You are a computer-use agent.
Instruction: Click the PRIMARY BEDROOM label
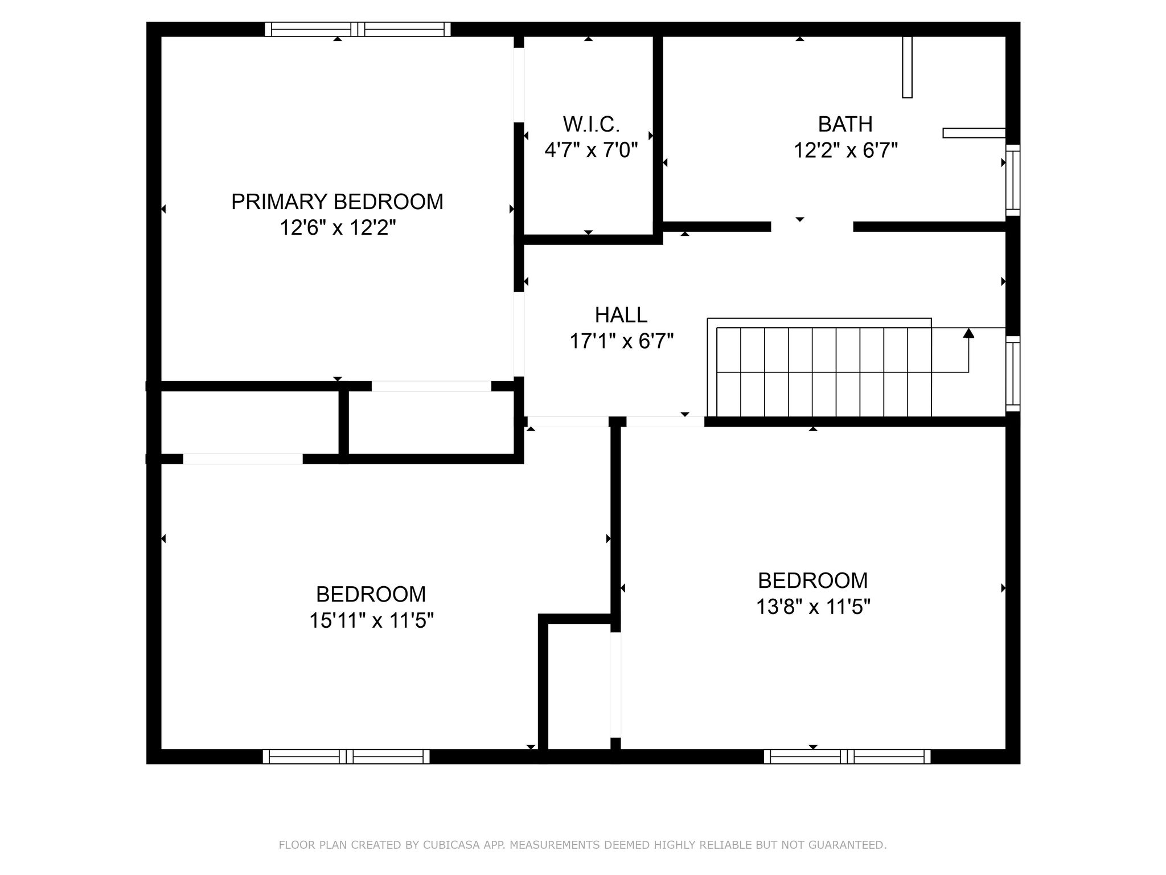[x=337, y=202]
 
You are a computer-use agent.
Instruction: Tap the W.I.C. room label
[x=591, y=124]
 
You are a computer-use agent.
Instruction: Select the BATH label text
[x=845, y=124]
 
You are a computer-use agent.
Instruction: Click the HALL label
[x=621, y=314]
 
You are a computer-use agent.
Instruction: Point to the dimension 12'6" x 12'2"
[x=337, y=228]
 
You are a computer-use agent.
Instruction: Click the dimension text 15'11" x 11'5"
[x=371, y=620]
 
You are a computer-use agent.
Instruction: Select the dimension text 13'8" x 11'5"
[x=813, y=607]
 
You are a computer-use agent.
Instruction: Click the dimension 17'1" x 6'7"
[x=621, y=341]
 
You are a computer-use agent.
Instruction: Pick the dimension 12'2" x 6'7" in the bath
[x=845, y=150]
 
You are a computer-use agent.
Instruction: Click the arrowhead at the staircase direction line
[x=968, y=333]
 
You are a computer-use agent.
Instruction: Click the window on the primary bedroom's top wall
[x=358, y=29]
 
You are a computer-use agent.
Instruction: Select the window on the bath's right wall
[x=1012, y=180]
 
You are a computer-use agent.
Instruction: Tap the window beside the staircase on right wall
[x=1012, y=373]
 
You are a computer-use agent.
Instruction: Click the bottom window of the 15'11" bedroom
[x=346, y=757]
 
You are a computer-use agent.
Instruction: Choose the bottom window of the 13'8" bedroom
[x=847, y=757]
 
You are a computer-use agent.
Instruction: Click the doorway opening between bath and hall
[x=812, y=227]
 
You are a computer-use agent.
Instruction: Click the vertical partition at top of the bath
[x=907, y=67]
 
